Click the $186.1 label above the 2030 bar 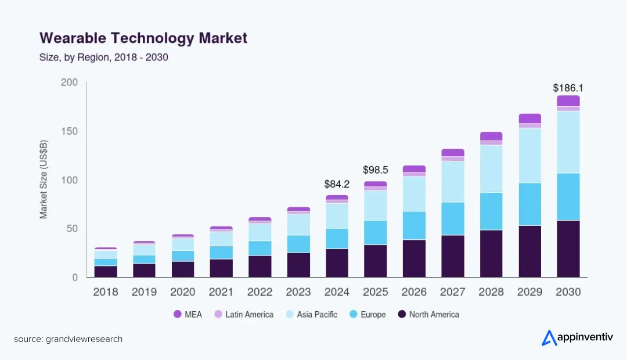[x=568, y=88]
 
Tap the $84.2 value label [x=337, y=185]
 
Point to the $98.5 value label [x=375, y=170]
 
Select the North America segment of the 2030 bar [x=568, y=249]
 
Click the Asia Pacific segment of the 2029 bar [x=529, y=155]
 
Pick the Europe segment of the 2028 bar [x=491, y=211]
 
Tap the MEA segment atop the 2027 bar [x=453, y=153]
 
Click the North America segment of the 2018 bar [x=106, y=271]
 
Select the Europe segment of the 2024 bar [x=337, y=239]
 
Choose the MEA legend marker [x=178, y=314]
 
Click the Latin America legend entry [x=243, y=314]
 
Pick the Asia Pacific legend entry [x=311, y=314]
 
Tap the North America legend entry [x=428, y=314]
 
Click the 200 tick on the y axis [x=69, y=82]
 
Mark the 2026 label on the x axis [x=415, y=292]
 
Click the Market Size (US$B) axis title [x=44, y=180]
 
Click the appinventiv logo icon [x=549, y=338]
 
